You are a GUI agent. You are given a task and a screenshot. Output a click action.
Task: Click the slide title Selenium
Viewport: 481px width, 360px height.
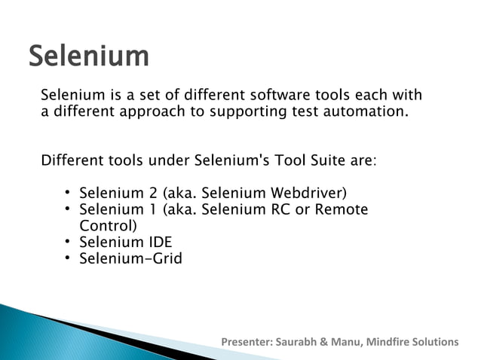[x=89, y=56]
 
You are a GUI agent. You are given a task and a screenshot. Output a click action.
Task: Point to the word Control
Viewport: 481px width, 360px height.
[x=108, y=226]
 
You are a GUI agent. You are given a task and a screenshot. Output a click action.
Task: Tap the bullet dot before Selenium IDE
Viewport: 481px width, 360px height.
[x=67, y=243]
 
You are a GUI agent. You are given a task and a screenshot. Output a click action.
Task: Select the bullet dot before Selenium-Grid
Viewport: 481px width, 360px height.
[x=67, y=260]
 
